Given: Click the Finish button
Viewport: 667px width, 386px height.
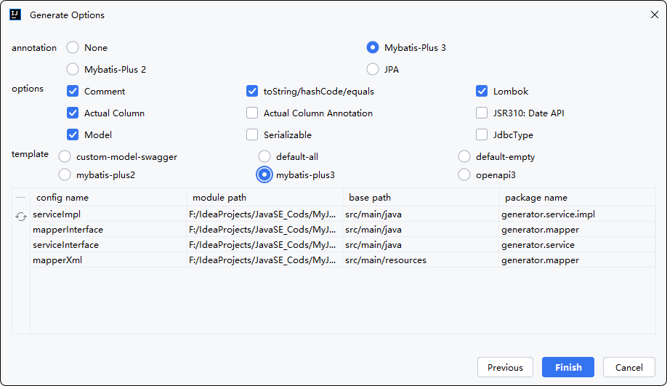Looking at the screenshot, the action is coord(568,367).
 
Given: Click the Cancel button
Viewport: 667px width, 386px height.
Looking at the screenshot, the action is coord(628,367).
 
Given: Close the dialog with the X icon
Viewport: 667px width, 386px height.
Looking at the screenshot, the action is coord(654,15).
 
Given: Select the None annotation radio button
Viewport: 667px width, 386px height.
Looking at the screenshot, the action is coord(73,48).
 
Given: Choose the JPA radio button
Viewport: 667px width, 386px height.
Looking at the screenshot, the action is coord(373,69).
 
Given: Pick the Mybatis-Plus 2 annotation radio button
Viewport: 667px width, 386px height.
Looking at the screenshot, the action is coord(73,69).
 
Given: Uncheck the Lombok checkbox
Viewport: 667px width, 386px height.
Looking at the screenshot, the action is coord(482,91).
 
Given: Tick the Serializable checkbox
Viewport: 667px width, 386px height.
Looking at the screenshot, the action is coord(252,135).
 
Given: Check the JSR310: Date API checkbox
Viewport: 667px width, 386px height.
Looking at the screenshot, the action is coord(482,113).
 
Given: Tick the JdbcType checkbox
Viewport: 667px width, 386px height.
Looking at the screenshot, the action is coord(482,135).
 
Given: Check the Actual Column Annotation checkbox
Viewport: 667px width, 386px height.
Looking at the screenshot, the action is coord(252,113).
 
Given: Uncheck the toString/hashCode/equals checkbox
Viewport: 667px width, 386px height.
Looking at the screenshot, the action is coord(252,91).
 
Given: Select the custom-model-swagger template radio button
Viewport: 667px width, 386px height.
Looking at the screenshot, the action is coord(65,156).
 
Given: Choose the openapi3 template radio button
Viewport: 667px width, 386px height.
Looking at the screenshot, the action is coord(464,175).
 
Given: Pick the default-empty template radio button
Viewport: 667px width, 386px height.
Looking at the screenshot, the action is coord(464,156).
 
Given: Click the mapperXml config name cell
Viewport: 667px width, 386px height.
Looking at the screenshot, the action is coord(108,260).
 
